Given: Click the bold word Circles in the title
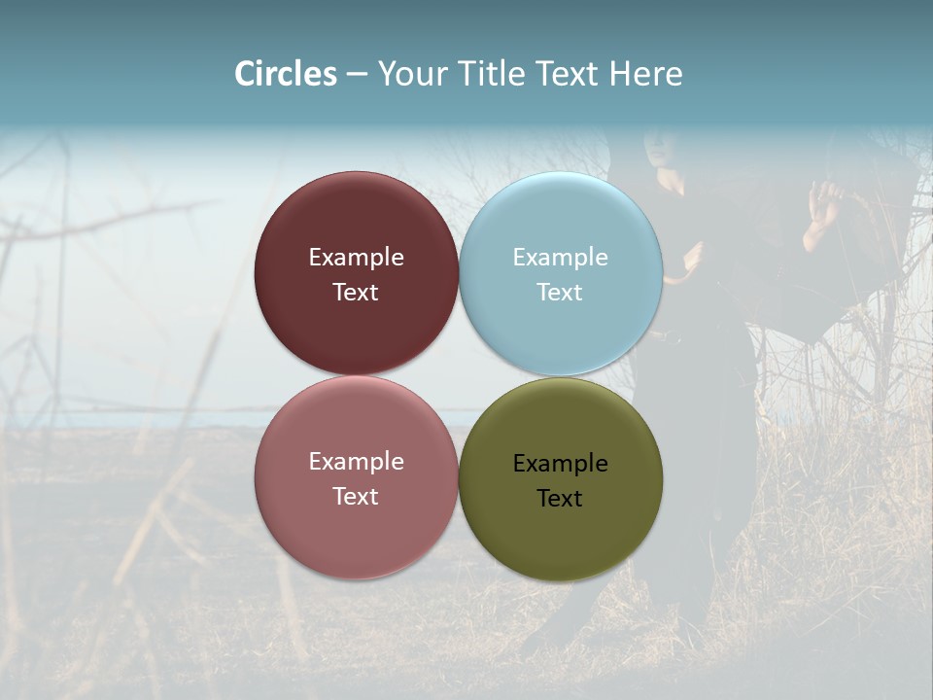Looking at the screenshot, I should (285, 74).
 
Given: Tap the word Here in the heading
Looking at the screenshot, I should (645, 74).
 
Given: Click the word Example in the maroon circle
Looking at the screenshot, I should (356, 258).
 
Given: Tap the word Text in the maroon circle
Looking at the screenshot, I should (356, 293).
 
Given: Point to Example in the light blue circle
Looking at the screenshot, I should (560, 258).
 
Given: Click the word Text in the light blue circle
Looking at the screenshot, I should (560, 293).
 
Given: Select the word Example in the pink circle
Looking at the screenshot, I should (356, 462).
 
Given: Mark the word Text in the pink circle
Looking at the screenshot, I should (356, 497).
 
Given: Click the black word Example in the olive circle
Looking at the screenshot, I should (560, 464).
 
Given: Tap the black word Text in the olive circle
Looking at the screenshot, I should (560, 499).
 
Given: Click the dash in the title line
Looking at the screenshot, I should (357, 75).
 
